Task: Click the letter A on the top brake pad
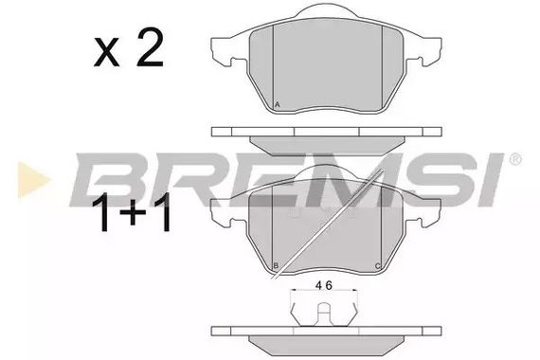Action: tap(278, 105)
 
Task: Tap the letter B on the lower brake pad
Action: tap(276, 265)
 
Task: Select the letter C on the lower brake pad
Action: tap(378, 266)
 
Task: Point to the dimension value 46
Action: tap(324, 285)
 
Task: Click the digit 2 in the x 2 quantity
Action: tap(150, 47)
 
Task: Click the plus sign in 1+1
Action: tap(133, 212)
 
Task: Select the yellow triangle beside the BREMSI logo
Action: tap(33, 180)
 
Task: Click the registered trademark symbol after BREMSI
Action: tap(515, 159)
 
